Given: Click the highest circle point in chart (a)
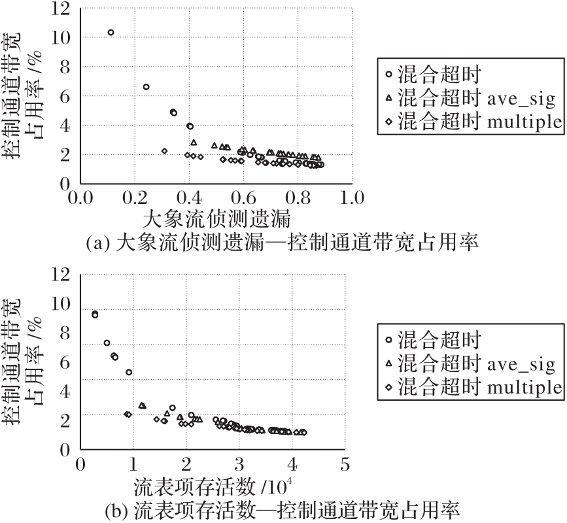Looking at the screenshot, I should point(111,32).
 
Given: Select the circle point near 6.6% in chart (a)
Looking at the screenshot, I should point(146,87).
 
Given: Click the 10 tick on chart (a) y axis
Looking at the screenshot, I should point(63,38).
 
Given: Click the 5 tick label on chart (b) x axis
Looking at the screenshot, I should point(345,465).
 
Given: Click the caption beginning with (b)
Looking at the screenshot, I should point(283,509).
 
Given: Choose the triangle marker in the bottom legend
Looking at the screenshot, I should point(388,364).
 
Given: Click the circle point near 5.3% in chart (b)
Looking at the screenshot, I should point(129,372).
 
